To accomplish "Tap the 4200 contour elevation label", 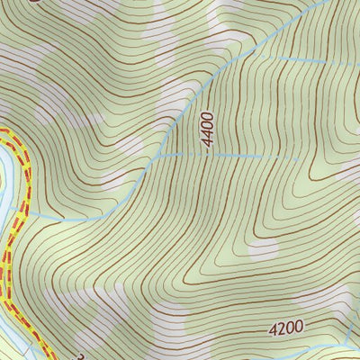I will [x=285, y=329].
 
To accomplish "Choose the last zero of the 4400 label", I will [x=208, y=115].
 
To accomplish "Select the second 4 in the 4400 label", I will [x=209, y=137].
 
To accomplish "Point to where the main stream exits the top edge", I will [x=319, y=3].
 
